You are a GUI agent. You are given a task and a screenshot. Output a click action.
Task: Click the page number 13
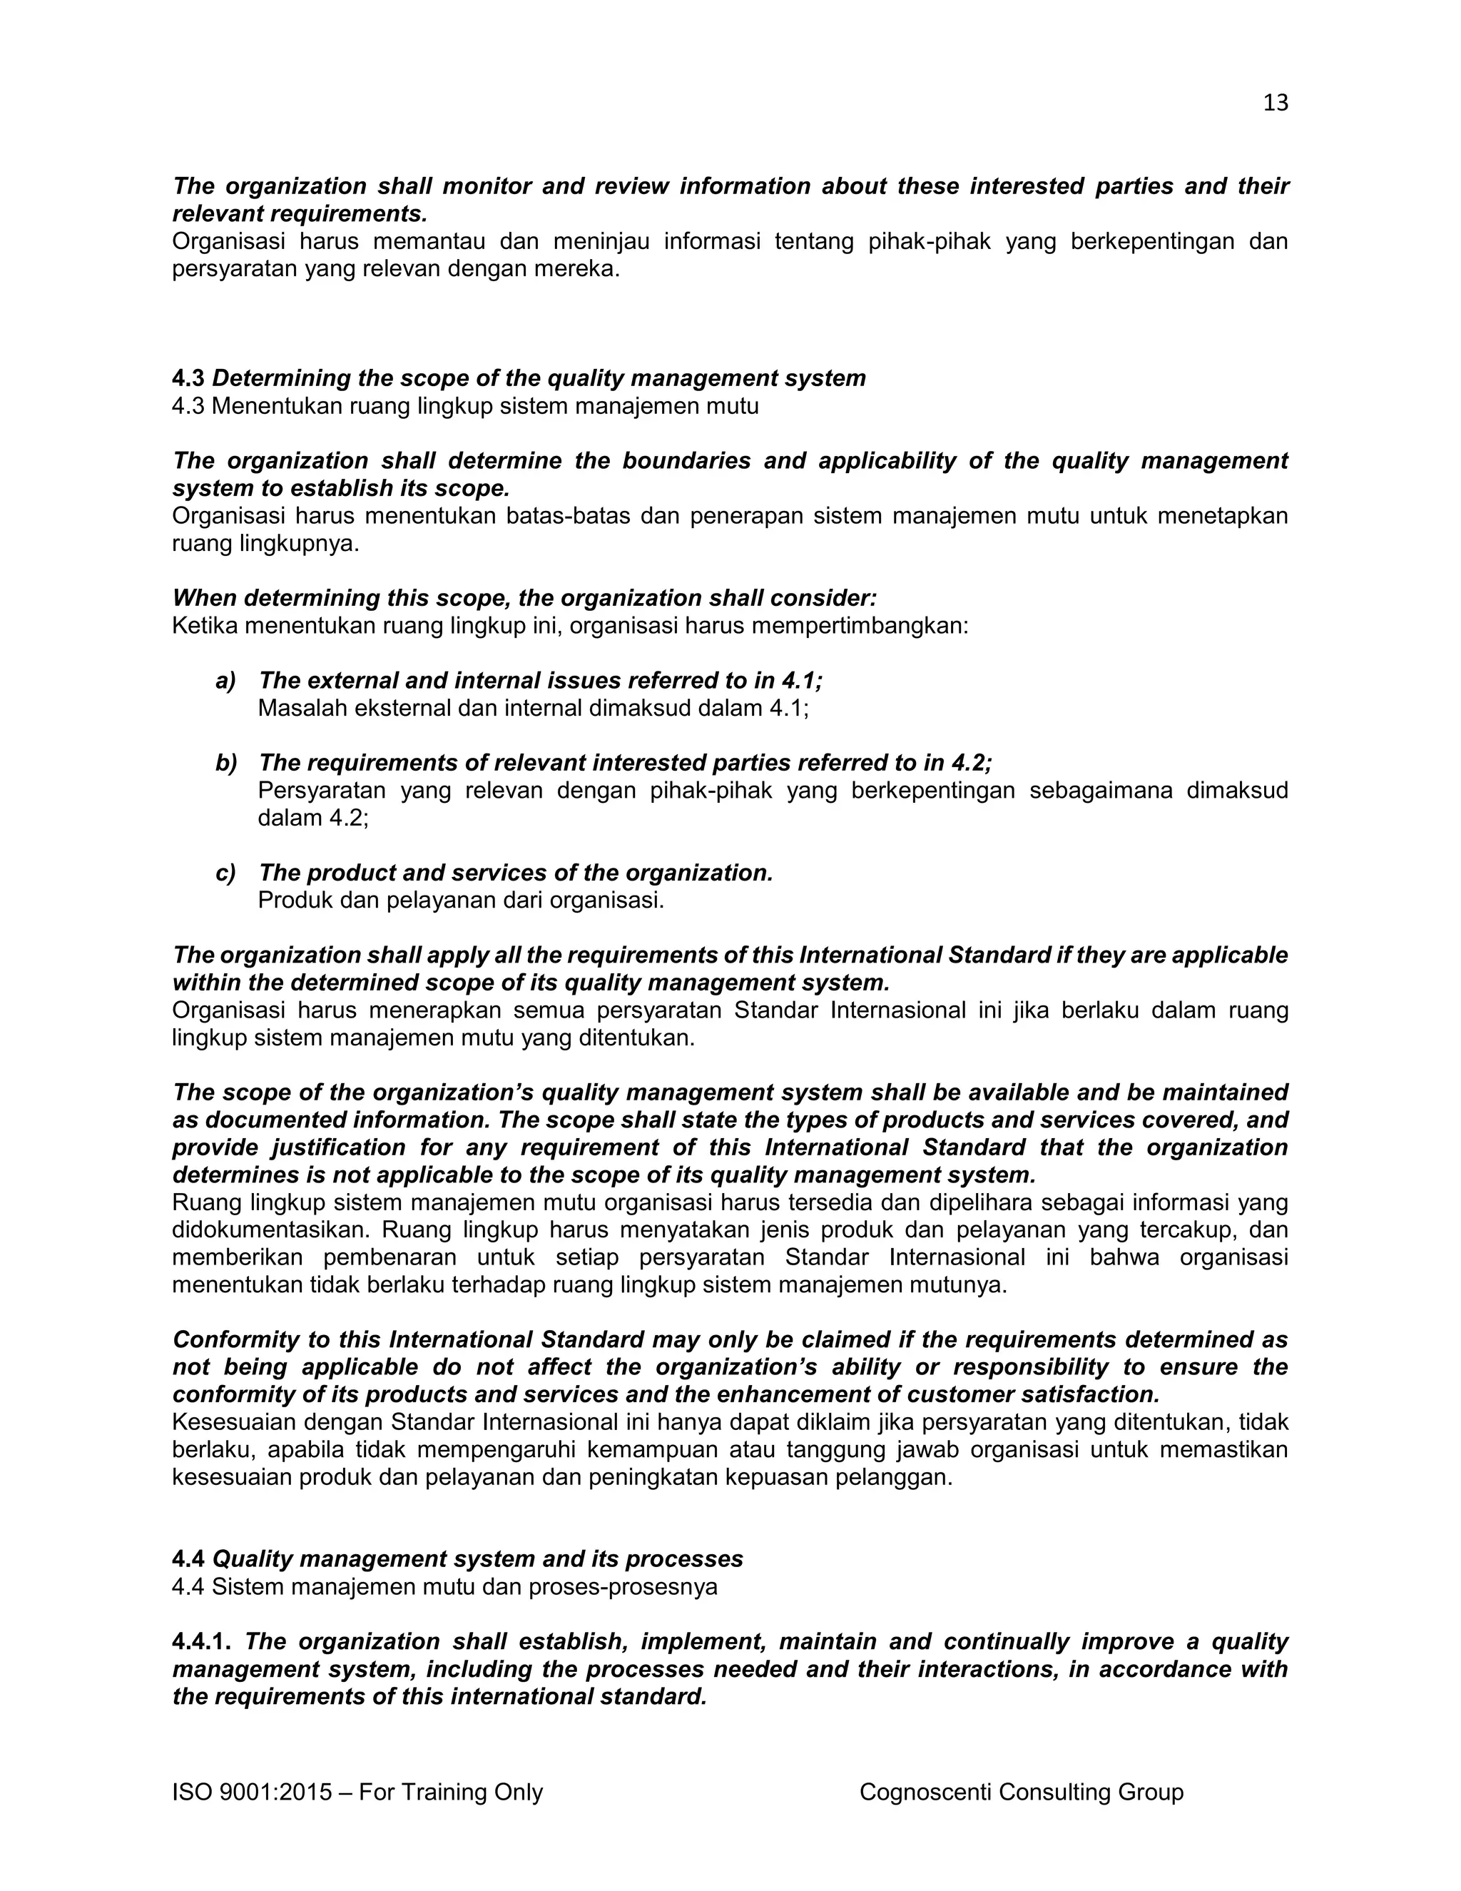1275,103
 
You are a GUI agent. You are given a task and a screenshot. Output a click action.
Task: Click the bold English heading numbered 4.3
519,378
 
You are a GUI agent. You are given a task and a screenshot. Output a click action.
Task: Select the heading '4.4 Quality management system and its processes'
457,1559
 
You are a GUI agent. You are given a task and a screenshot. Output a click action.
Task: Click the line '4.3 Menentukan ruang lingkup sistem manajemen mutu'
465,406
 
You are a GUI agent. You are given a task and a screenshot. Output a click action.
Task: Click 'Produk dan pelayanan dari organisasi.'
460,901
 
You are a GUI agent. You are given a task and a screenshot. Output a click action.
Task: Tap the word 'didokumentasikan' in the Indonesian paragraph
270,1230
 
